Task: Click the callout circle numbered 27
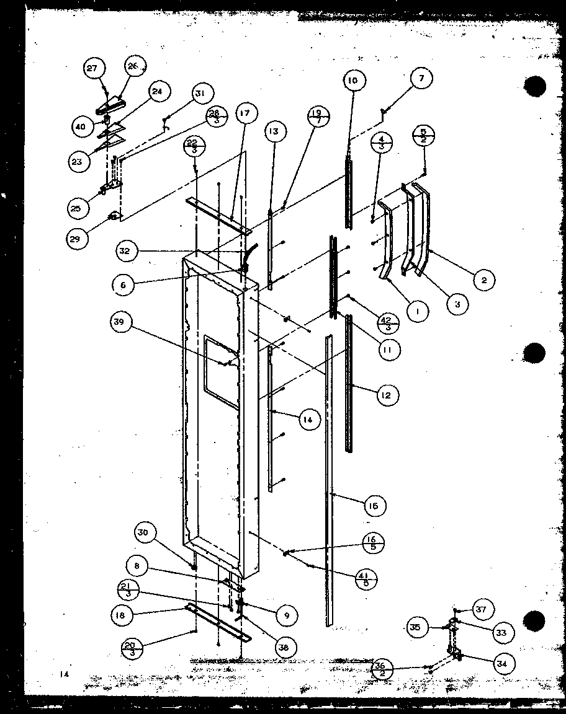(x=92, y=69)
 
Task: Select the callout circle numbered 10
(x=352, y=81)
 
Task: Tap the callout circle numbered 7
(x=421, y=79)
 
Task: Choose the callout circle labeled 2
(x=483, y=280)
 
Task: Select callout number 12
(x=386, y=395)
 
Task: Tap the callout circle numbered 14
(x=308, y=420)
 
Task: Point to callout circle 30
(x=143, y=532)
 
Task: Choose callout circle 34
(x=500, y=663)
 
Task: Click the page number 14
(x=65, y=674)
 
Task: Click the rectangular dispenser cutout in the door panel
(x=221, y=371)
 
